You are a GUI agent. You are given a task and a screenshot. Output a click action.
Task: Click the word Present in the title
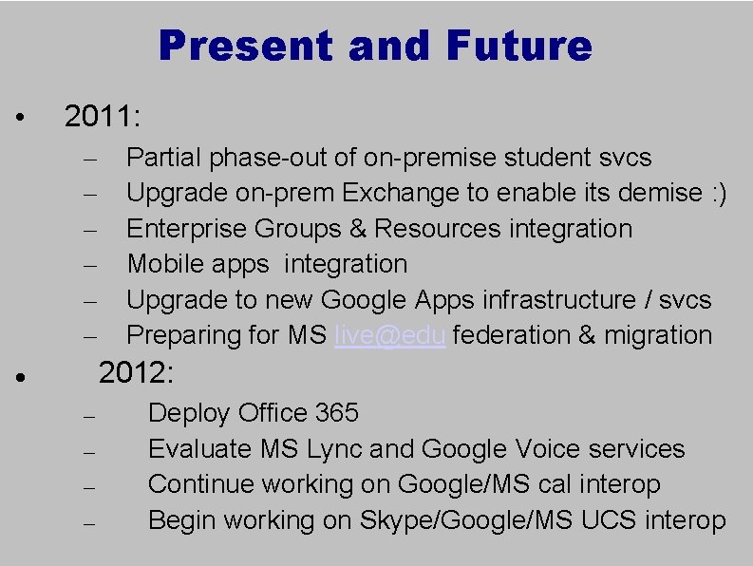(249, 46)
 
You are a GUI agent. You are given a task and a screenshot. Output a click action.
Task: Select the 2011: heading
(103, 118)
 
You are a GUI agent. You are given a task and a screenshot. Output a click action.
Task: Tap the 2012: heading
(137, 373)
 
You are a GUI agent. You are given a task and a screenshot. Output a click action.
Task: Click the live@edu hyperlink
(390, 335)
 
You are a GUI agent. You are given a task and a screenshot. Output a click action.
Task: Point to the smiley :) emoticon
(718, 193)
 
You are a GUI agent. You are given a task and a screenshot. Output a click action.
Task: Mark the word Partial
(164, 158)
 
